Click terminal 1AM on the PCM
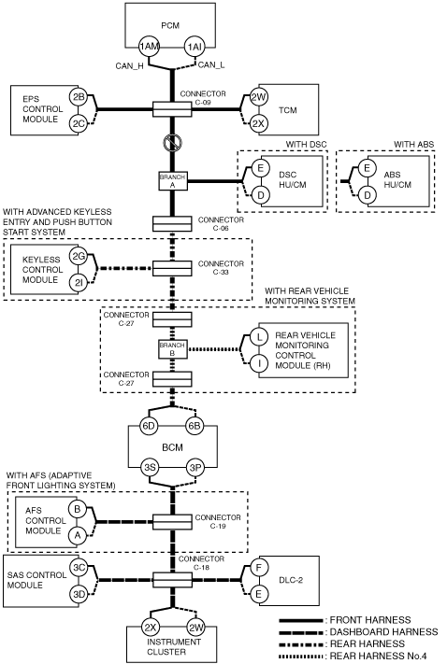tap(149, 47)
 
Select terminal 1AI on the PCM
tap(195, 47)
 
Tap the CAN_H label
tap(129, 66)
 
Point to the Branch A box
tap(173, 181)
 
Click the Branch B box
tap(173, 349)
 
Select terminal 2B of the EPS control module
tap(79, 97)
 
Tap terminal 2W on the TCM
tap(258, 97)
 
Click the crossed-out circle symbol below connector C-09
tap(173, 143)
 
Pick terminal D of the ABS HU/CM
tap(367, 195)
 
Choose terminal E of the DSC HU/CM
tap(260, 168)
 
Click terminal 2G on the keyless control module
tap(79, 256)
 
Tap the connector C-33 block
tap(172, 268)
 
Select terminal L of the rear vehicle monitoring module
tap(259, 337)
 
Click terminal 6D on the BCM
tap(149, 426)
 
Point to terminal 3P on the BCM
tap(195, 468)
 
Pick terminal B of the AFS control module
tap(78, 509)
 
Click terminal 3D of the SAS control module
tap(79, 594)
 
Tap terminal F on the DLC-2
tap(259, 568)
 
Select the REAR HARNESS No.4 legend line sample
tap(301, 656)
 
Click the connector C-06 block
tap(172, 224)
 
